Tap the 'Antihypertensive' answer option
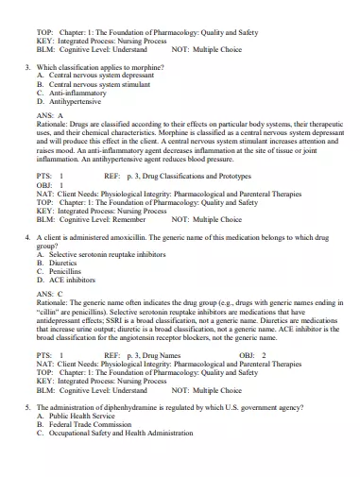[76, 102]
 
